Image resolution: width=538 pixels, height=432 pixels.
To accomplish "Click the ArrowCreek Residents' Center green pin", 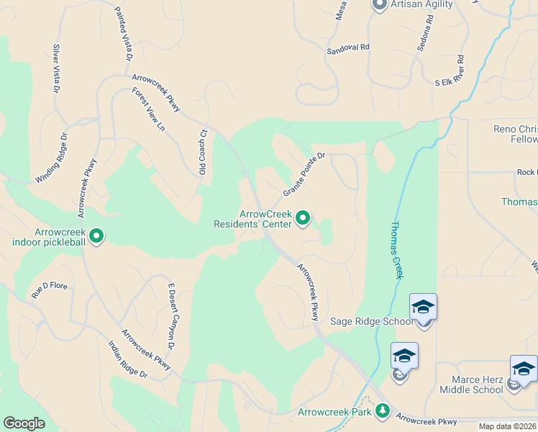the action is (x=304, y=217).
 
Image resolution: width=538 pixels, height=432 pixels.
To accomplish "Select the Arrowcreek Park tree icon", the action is (x=383, y=411).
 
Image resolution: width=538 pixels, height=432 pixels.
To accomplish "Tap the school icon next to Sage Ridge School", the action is (x=424, y=307).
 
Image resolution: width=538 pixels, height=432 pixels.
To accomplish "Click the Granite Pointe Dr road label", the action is (x=305, y=174).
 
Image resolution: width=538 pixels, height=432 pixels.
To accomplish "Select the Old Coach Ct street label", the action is (x=203, y=152).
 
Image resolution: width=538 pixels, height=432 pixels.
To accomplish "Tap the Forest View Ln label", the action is (x=149, y=109).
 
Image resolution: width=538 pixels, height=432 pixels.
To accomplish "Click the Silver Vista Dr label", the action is (x=55, y=66).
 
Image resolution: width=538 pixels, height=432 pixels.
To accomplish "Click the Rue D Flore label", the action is (x=49, y=291).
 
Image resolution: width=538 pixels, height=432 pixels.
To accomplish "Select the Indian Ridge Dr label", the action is (x=127, y=359).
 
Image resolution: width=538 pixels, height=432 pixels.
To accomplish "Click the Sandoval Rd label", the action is (x=347, y=48).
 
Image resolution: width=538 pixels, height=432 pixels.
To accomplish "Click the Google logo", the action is (x=24, y=423).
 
